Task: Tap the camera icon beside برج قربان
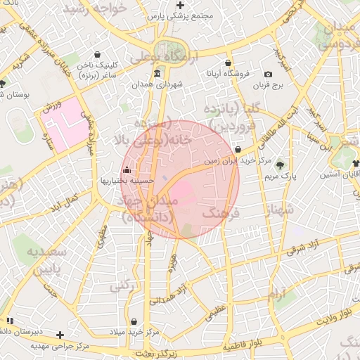tap(268, 75)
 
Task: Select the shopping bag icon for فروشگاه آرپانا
tap(228, 63)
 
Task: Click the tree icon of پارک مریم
tap(281, 164)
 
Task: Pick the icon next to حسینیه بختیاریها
tap(127, 170)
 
